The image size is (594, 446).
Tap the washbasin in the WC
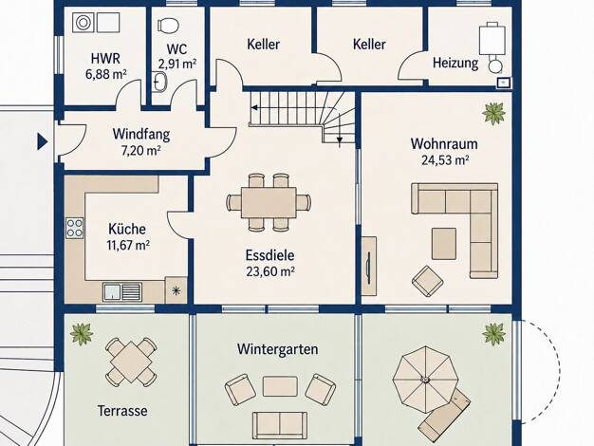click(160, 82)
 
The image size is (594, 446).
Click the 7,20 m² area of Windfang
click(141, 151)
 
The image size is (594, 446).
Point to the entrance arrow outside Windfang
click(43, 142)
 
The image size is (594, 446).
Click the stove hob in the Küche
click(75, 228)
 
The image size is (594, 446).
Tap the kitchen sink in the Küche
click(122, 291)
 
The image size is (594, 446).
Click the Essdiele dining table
click(269, 202)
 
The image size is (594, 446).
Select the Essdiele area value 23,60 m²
click(270, 271)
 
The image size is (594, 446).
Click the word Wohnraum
click(444, 144)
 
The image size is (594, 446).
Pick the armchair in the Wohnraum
click(427, 281)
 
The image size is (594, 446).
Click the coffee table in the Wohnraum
click(444, 243)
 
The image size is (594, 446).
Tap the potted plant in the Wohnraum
click(494, 113)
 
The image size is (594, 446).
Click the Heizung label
click(455, 63)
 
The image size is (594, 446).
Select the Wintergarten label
click(278, 349)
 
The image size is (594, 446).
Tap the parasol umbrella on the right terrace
click(426, 379)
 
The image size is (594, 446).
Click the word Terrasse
click(122, 411)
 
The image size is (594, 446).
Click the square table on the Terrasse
click(130, 362)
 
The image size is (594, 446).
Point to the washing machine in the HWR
click(82, 23)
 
